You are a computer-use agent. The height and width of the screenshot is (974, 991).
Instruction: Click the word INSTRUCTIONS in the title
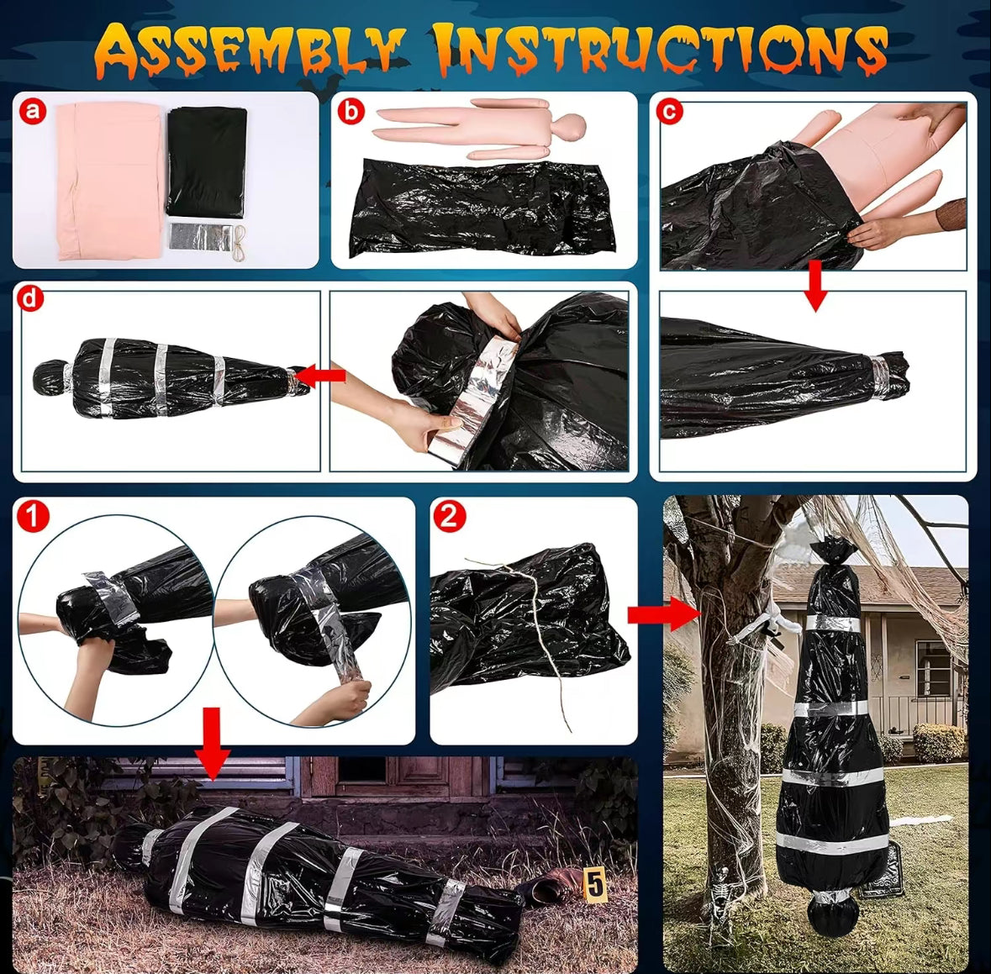662,50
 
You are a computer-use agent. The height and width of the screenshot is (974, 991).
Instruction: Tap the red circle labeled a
33,111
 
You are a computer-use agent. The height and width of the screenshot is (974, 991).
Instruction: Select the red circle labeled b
351,111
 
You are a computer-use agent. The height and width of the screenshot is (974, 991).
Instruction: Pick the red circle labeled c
670,111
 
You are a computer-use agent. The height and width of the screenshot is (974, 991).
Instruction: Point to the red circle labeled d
30,298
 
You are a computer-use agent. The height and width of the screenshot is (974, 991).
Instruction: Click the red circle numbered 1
33,516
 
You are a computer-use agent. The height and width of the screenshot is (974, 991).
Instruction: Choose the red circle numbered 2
450,516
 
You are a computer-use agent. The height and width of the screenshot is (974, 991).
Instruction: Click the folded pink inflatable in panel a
108,182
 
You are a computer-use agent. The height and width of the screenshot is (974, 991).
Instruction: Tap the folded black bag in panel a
207,162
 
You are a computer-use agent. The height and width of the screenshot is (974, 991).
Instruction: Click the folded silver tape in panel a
201,236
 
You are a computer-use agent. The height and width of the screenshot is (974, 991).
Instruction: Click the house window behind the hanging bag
933,668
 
